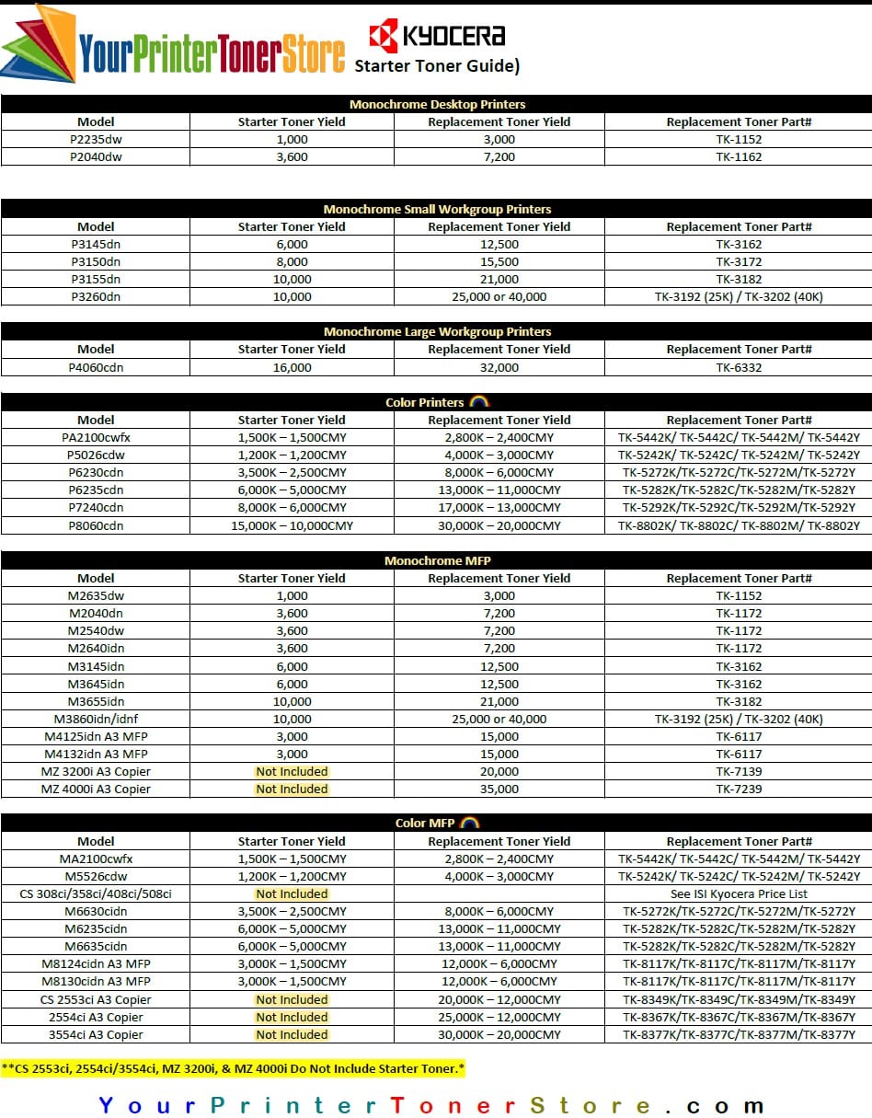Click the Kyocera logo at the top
pos(437,36)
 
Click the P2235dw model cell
pos(96,139)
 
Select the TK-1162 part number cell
pos(739,156)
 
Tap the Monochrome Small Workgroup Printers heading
pos(437,209)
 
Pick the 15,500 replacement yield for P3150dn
pos(499,261)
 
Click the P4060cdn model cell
pos(96,367)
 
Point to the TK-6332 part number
pos(739,367)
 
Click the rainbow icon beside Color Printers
pos(478,402)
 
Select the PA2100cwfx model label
pos(96,437)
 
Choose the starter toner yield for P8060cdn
pos(292,525)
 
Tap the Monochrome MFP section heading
pos(437,560)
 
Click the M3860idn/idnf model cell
pos(96,719)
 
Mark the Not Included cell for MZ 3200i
pos(292,771)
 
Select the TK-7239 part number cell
pos(739,789)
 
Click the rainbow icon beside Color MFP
pos(469,823)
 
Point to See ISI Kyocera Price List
pos(739,893)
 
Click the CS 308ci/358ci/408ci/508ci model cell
pos(96,893)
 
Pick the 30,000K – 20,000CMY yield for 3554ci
pos(499,1034)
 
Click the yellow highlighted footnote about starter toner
pos(234,1068)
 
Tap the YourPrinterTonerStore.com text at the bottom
pos(431,1104)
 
